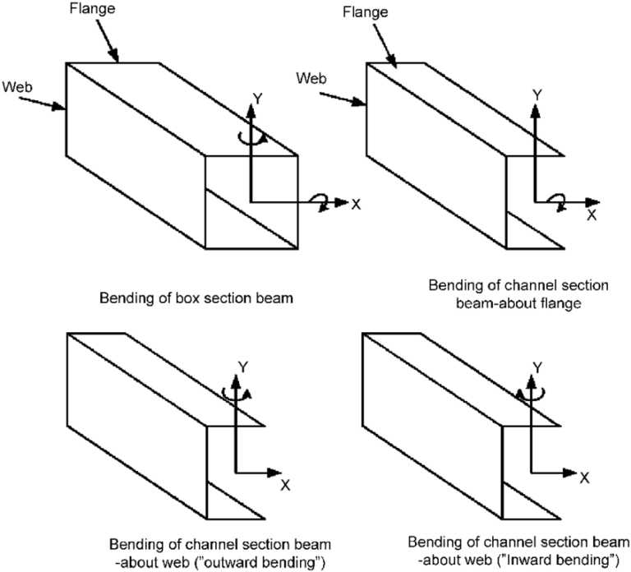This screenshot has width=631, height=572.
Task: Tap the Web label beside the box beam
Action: (18, 85)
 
